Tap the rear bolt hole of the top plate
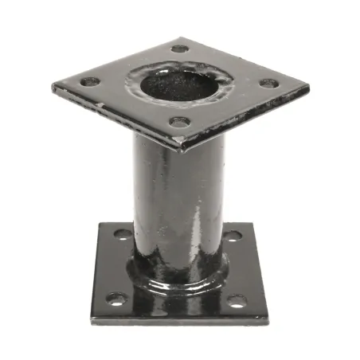tap(180, 49)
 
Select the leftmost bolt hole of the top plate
tap(90, 81)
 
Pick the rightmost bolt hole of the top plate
tap(269, 83)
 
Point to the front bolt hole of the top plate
tap(181, 122)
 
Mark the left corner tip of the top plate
tap(53, 86)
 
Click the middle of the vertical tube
tap(178, 199)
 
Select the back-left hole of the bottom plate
tap(123, 234)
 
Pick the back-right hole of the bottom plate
tap(232, 236)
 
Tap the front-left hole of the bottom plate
tap(116, 299)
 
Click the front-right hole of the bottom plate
tap(237, 301)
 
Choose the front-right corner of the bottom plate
tap(267, 320)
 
